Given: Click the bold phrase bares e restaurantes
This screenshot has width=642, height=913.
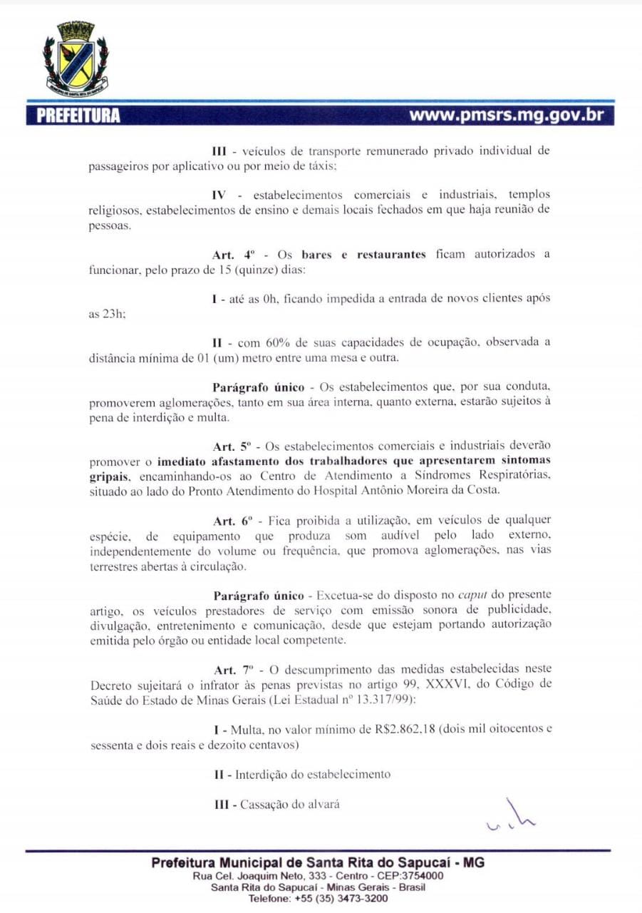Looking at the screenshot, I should (x=363, y=255).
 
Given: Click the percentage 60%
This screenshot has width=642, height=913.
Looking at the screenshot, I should (x=279, y=342).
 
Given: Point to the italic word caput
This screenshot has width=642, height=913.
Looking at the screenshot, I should (x=472, y=594).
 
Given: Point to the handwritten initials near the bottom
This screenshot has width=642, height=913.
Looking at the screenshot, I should (x=509, y=817).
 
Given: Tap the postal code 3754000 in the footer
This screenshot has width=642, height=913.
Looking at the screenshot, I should (x=420, y=876).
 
